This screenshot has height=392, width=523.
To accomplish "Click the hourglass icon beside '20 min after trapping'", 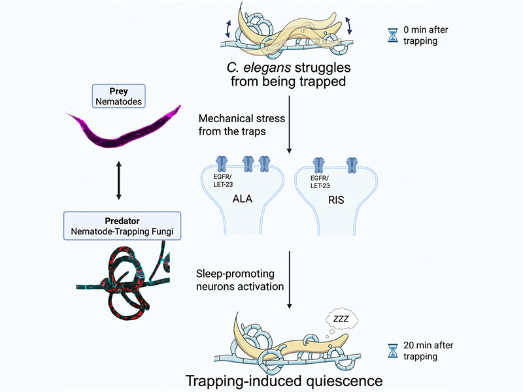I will [393, 351].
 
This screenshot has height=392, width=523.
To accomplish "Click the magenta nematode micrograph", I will [124, 129].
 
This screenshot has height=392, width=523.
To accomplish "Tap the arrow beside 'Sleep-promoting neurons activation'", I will [290, 278].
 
